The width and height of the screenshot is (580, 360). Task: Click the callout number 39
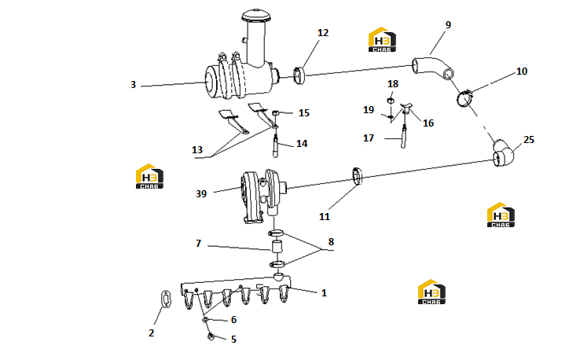pos(201,193)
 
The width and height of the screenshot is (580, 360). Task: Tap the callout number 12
pos(323,33)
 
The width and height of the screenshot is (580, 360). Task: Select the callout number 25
pos(529,139)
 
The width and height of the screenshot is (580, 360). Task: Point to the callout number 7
pos(199,243)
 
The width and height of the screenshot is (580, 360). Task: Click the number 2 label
pos(152,333)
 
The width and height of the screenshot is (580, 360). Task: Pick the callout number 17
pos(369,138)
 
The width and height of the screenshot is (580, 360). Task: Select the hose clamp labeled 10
pos(464,98)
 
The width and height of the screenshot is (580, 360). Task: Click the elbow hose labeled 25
pos(503,153)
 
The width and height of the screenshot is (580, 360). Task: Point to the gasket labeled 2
pos(166,299)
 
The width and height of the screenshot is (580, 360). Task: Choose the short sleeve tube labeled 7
pos(277,247)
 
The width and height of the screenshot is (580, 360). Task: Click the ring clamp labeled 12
pos(299,75)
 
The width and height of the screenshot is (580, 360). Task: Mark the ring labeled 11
pos(358,176)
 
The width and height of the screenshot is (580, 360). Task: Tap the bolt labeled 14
pos(275,146)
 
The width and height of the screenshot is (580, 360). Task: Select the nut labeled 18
pos(390,101)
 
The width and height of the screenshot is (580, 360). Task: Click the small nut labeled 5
pos(211,336)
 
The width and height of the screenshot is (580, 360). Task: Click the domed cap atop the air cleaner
pos(256,16)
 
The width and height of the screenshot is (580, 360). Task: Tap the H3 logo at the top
pos(382,39)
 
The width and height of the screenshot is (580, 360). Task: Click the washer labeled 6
pos(205,319)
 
